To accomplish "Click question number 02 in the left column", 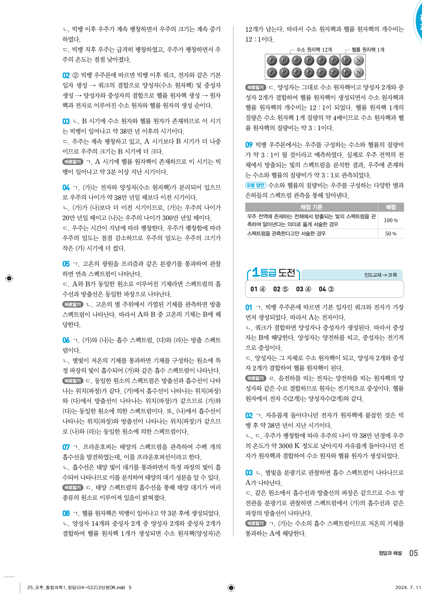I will pyautogui.click(x=66, y=75).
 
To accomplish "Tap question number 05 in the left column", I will pyautogui.click(x=66, y=264).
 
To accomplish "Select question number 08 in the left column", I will pyautogui.click(x=66, y=513).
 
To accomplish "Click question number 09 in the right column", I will pyautogui.click(x=249, y=145).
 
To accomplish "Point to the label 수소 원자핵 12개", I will pyautogui.click(x=314, y=50).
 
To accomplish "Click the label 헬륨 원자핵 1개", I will pyautogui.click(x=368, y=50).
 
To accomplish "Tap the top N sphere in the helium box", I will pyautogui.click(x=358, y=61).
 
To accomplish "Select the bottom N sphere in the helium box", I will pyautogui.click(x=358, y=73).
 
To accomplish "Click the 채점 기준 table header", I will pyautogui.click(x=311, y=207).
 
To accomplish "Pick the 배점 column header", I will pyautogui.click(x=391, y=207).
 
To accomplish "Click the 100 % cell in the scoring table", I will pyautogui.click(x=391, y=220).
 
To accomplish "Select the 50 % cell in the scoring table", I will pyautogui.click(x=391, y=233).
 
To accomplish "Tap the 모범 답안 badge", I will pyautogui.click(x=255, y=185).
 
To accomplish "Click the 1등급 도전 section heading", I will pyautogui.click(x=273, y=273).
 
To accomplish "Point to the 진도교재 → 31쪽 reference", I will pyautogui.click(x=380, y=275).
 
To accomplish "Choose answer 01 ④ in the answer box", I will pyautogui.click(x=258, y=289).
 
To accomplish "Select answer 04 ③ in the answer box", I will pyautogui.click(x=326, y=289).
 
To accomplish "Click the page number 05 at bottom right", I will pyautogui.click(x=413, y=553).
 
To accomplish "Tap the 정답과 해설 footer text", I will pyautogui.click(x=390, y=553).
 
